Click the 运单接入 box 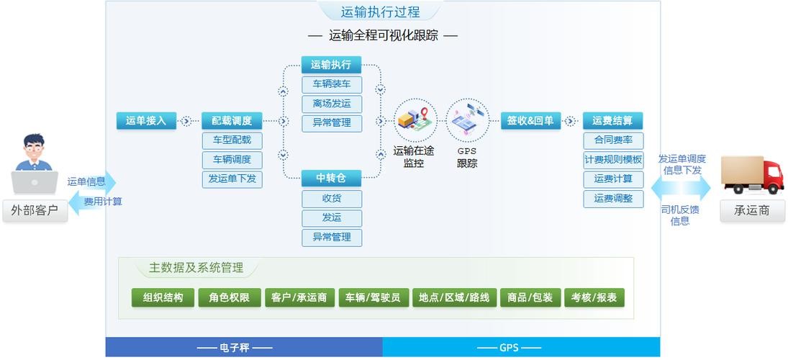(146, 121)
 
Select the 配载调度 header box (232, 121)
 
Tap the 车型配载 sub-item (232, 141)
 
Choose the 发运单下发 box (232, 179)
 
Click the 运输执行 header (331, 64)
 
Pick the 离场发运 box (332, 104)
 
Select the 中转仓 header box (331, 179)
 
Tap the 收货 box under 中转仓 (332, 199)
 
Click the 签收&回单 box (530, 121)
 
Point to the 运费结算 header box (612, 121)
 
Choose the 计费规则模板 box (613, 160)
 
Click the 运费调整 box (613, 199)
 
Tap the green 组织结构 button (163, 297)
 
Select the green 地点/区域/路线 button (454, 297)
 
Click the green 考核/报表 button (594, 297)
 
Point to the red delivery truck (752, 174)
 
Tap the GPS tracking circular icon (467, 120)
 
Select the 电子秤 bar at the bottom (244, 347)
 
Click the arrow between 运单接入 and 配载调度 (186, 121)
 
